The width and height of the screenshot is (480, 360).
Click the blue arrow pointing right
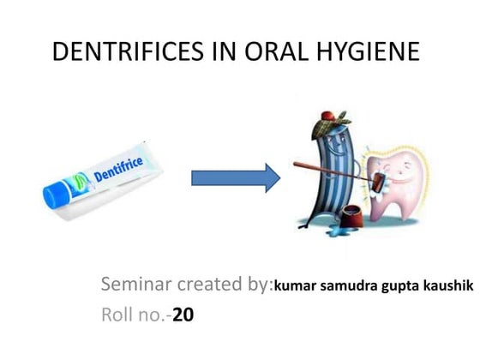tap(235, 177)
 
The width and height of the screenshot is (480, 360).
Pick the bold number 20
tap(183, 315)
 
